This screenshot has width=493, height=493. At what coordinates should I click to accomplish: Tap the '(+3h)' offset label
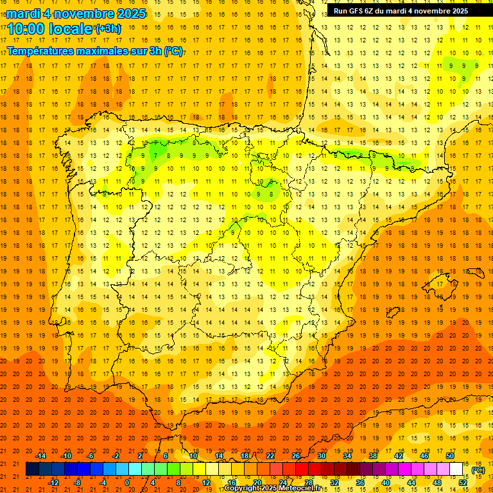(x=108, y=29)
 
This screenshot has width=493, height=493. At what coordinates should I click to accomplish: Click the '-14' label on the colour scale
(x=40, y=456)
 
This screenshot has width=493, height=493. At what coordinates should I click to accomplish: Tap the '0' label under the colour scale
(x=127, y=483)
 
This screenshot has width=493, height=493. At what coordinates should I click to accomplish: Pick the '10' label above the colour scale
(x=193, y=456)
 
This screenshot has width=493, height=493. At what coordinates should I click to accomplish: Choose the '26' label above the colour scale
(x=296, y=456)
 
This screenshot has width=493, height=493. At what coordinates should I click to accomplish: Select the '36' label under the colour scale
(x=360, y=483)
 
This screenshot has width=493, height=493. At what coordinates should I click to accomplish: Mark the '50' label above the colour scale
(x=450, y=456)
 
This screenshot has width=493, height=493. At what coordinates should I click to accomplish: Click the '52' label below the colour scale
(x=463, y=483)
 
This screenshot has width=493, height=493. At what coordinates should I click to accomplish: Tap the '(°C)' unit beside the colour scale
(x=478, y=470)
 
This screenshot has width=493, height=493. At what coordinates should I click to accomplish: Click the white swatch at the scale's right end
(x=456, y=469)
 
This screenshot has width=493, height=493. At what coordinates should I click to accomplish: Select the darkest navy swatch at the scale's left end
(x=32, y=469)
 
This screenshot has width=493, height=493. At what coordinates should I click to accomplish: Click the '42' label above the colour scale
(x=399, y=456)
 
